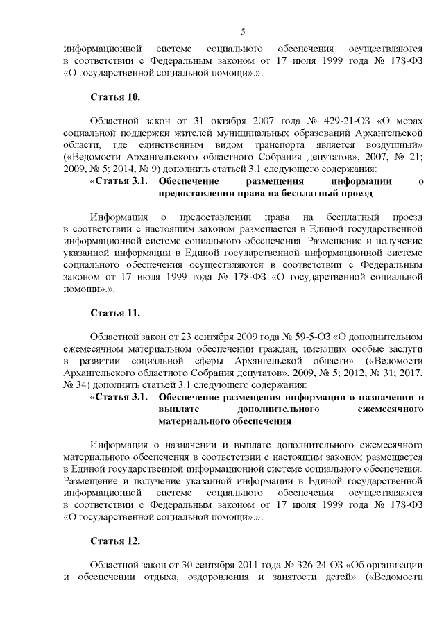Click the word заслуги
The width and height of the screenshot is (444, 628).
point(405,348)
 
